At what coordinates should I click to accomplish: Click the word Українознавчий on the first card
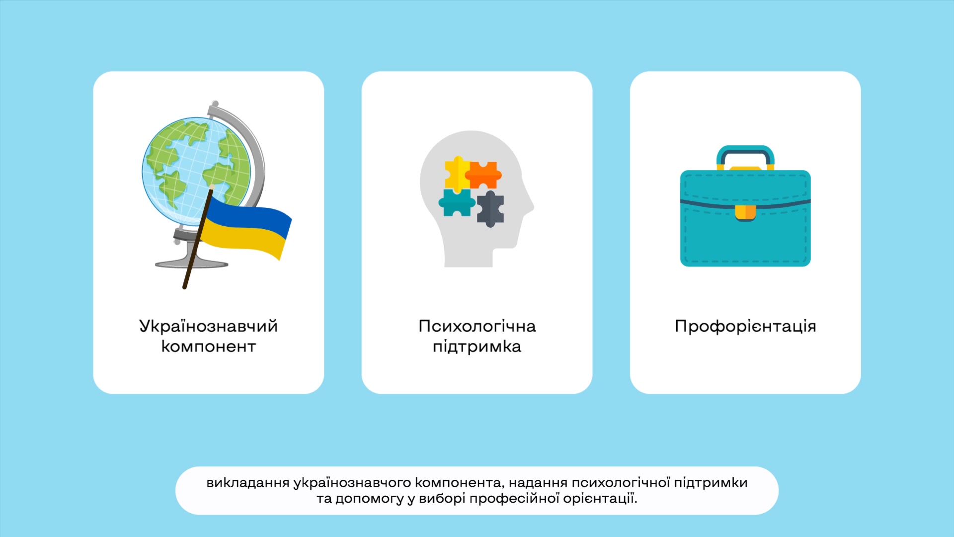tap(208, 327)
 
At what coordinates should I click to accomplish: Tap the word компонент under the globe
tap(208, 347)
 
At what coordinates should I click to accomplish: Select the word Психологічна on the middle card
tap(477, 326)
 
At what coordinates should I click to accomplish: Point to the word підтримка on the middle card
tap(477, 347)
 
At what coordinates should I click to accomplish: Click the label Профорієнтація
tap(745, 327)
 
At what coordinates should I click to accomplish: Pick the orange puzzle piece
tap(483, 175)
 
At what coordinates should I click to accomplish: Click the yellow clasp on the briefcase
tap(745, 213)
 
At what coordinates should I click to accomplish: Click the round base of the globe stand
tap(191, 263)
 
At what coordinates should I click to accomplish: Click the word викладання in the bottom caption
tap(247, 483)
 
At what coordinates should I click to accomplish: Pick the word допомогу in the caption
tap(369, 499)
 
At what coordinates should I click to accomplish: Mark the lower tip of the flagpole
tap(184, 287)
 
